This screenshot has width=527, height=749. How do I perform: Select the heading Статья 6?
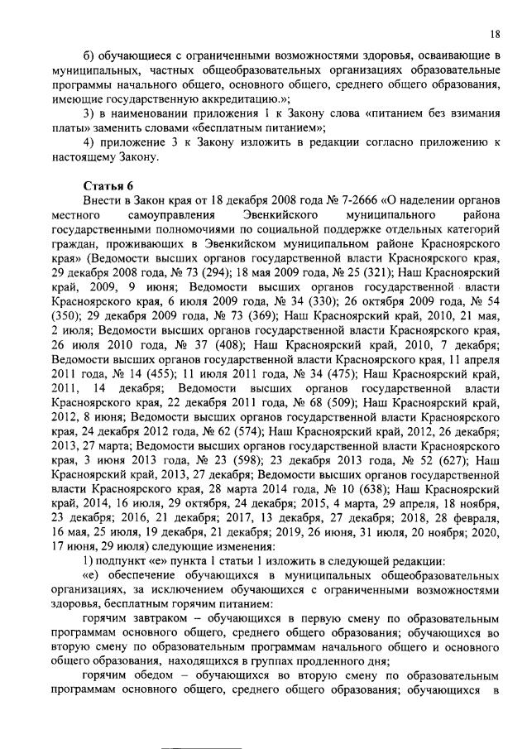pyautogui.click(x=108, y=185)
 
